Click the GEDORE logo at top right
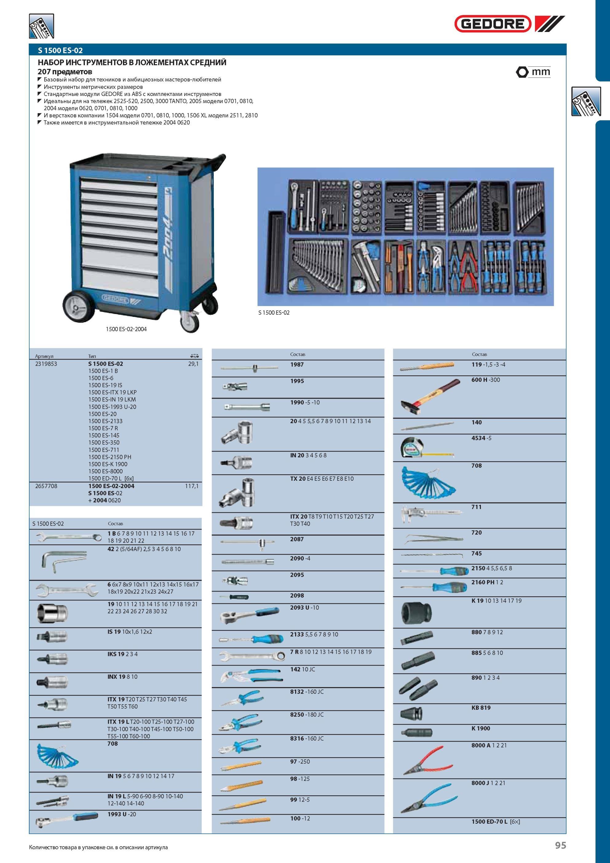509,24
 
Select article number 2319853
46,364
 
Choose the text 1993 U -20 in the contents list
122,814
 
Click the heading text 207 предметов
65,71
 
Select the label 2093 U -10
304,607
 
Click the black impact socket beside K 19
417,610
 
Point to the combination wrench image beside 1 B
69,538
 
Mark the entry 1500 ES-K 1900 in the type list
108,464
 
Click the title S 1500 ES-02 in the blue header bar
60,50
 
